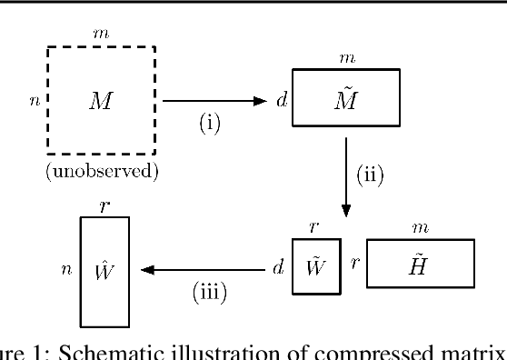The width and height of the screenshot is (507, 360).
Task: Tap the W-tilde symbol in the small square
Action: click(310, 267)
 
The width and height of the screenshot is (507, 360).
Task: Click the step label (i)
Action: click(211, 123)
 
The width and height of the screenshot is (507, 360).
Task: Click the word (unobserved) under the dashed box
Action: click(102, 172)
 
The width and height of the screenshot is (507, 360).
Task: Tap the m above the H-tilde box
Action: click(420, 227)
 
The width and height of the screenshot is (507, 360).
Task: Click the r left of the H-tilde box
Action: click(354, 267)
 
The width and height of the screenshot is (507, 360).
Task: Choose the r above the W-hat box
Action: click(104, 205)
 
